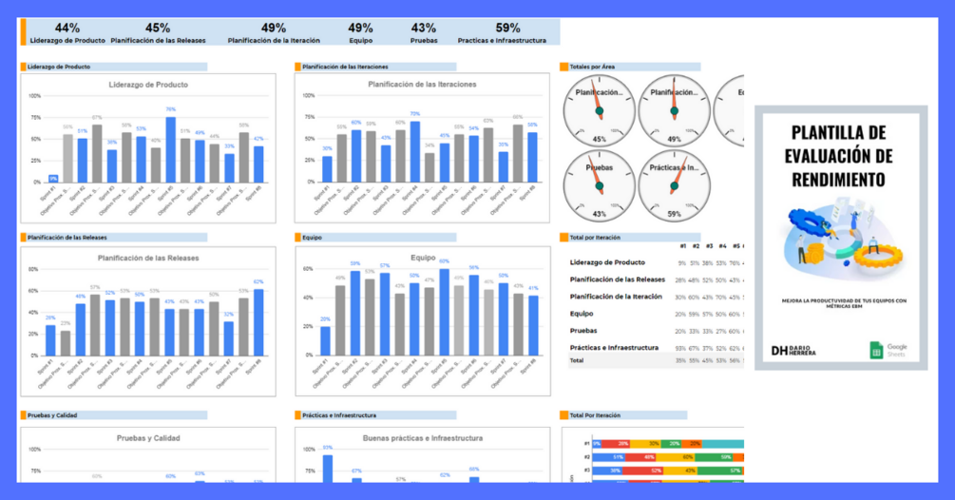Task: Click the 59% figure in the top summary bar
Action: click(507, 29)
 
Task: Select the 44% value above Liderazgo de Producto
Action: click(67, 29)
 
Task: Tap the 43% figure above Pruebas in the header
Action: click(424, 29)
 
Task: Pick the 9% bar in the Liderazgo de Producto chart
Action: click(53, 178)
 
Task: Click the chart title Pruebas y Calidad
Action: click(148, 438)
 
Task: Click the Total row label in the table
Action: click(577, 361)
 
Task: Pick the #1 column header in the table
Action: click(682, 247)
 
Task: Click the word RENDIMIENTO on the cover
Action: click(840, 179)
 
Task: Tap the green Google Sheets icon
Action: click(877, 351)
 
